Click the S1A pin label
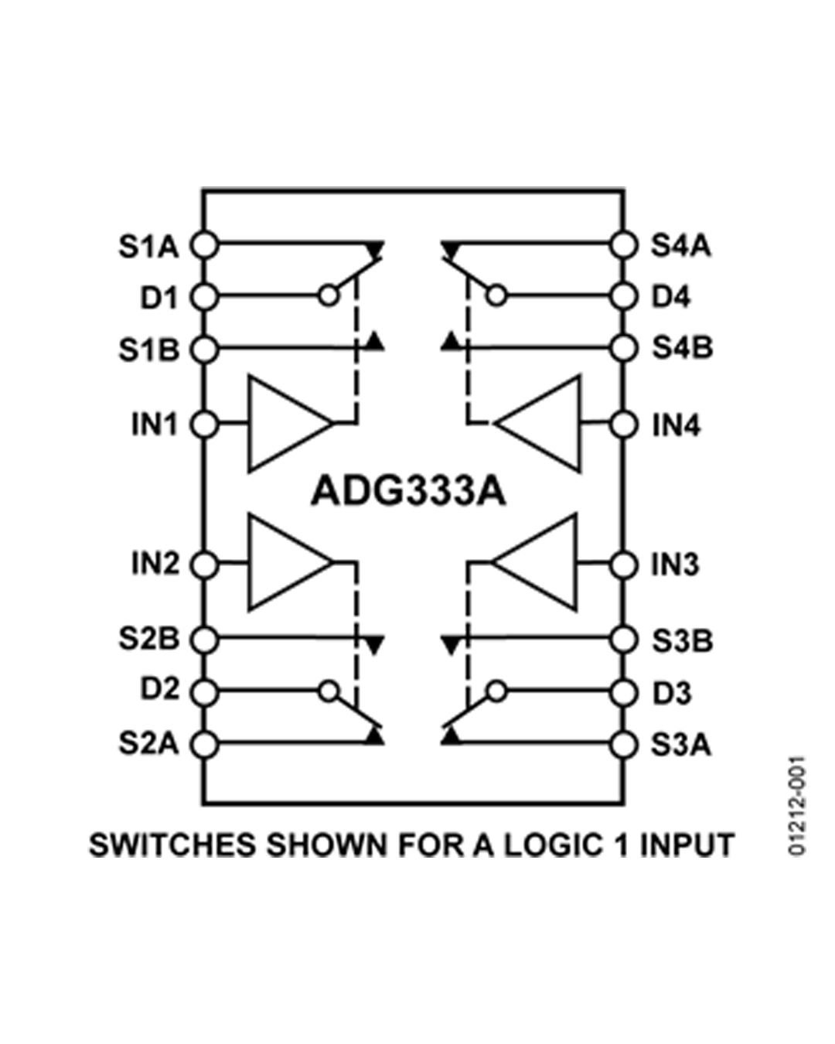(149, 247)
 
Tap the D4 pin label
(670, 297)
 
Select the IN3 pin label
(676, 565)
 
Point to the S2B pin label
(149, 639)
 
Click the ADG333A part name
(408, 491)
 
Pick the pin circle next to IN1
(204, 425)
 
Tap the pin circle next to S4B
(623, 348)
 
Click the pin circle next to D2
(204, 692)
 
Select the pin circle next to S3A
(623, 744)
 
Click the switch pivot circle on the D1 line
(329, 295)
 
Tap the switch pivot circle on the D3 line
(496, 691)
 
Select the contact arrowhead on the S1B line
(374, 341)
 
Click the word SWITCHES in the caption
(172, 844)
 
